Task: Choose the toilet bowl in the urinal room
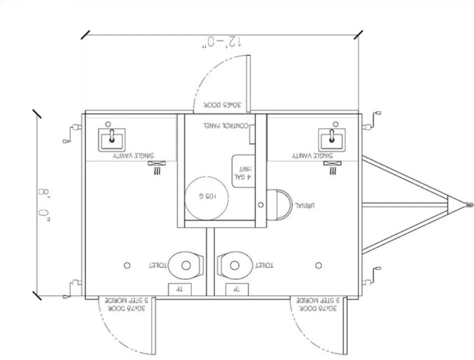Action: (235, 265)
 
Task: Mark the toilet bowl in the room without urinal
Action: (185, 265)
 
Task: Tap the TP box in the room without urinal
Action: (175, 289)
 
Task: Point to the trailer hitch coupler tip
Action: (468, 204)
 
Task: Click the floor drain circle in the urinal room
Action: (319, 265)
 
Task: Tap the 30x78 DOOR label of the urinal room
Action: (316, 305)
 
